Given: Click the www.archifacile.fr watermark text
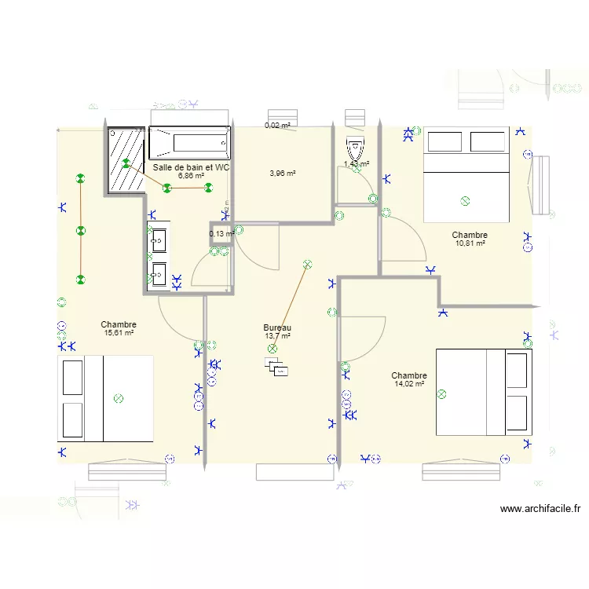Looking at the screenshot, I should pos(540,509).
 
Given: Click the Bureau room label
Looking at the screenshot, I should pos(277,327).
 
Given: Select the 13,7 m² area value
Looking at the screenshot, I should pos(277,336).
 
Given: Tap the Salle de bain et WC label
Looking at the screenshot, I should pos(192,167).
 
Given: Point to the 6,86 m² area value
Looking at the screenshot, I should pos(191,176).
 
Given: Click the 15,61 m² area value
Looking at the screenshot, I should pos(119,333).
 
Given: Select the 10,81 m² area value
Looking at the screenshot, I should pos(470,243).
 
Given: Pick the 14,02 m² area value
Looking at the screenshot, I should pos(408,384).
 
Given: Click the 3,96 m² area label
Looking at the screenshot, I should pos(282,174).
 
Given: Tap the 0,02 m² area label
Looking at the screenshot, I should pos(277,126).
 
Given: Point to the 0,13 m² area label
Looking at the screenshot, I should pos(221,234).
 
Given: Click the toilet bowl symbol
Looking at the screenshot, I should pos(356,147).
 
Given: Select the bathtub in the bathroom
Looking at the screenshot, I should pos(190,143).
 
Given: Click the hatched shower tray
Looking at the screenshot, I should pos(126,159).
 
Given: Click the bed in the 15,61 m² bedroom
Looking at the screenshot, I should pos(104,398).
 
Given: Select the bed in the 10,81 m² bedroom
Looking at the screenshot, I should pos(466,175).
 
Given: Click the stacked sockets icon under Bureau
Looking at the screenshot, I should pos(277,367).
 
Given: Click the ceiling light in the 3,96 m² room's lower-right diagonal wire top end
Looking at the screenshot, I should pos(307,265).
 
